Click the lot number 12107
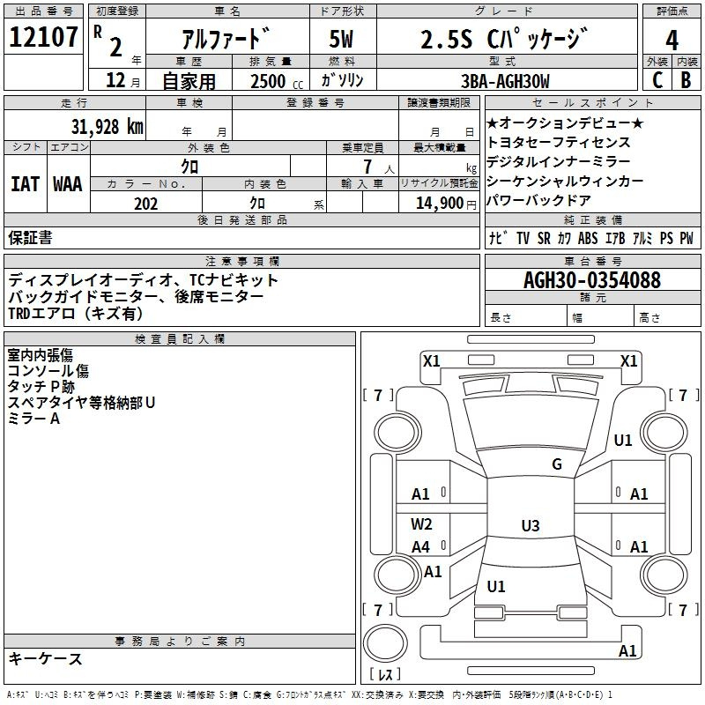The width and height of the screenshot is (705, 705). click(x=43, y=37)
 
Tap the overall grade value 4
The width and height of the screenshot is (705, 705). click(x=672, y=41)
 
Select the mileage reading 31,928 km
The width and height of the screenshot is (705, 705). click(x=108, y=127)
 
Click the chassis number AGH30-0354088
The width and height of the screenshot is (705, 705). click(x=592, y=280)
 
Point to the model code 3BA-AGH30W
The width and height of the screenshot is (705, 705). click(x=505, y=81)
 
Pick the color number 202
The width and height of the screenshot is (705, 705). click(x=145, y=204)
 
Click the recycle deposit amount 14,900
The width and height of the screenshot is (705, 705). click(x=439, y=204)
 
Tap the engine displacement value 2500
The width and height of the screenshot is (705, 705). click(x=268, y=81)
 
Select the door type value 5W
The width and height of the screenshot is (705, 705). click(x=341, y=39)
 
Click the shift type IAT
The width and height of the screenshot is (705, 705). click(x=25, y=184)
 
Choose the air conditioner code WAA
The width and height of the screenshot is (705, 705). click(x=68, y=184)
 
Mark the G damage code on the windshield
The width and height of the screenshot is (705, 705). click(x=557, y=464)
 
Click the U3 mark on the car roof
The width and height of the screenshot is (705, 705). click(x=531, y=525)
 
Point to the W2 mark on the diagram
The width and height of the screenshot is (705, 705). click(x=421, y=523)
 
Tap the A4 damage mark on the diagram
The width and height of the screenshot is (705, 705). click(x=421, y=547)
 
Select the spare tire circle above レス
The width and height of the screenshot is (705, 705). click(x=385, y=642)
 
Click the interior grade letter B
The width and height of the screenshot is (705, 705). click(x=686, y=80)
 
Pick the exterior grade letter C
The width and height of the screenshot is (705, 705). click(x=657, y=80)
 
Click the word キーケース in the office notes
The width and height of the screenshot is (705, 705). click(x=45, y=658)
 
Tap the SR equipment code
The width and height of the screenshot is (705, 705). click(x=544, y=238)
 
